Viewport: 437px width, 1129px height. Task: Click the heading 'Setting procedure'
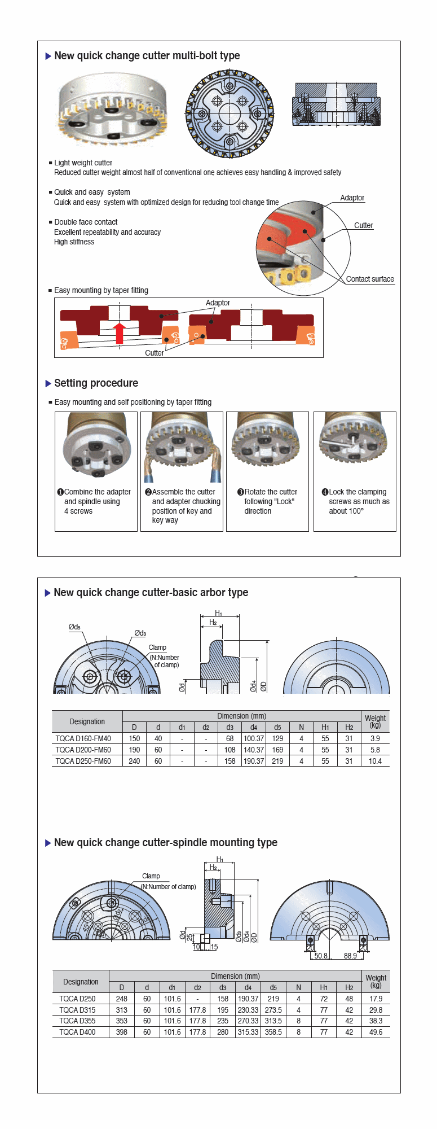(96, 383)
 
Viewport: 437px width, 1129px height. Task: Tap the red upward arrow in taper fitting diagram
(119, 333)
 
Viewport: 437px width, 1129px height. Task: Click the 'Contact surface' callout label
(370, 279)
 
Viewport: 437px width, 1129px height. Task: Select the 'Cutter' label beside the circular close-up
(363, 225)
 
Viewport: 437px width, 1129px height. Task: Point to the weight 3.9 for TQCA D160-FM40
(375, 738)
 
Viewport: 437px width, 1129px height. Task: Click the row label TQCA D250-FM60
(83, 761)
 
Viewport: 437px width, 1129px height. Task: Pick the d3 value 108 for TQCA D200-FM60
(229, 750)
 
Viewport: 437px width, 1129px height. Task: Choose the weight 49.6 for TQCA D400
(376, 1032)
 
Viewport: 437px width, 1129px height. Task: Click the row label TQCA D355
(77, 1021)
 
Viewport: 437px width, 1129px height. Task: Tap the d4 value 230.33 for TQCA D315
(248, 1010)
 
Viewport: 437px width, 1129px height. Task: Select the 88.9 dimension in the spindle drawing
(350, 956)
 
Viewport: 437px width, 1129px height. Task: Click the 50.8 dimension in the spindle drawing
(321, 956)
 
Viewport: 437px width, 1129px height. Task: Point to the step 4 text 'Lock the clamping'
(357, 492)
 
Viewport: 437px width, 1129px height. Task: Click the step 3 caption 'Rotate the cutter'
(271, 492)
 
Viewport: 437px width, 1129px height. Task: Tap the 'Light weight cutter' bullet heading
(83, 163)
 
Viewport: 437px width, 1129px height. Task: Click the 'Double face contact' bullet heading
(86, 222)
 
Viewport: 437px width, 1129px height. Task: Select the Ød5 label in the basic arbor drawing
(74, 627)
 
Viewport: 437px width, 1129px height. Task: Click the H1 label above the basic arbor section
(219, 613)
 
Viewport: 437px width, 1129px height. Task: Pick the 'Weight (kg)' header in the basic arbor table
(375, 721)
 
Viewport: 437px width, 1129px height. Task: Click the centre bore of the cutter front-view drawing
(229, 114)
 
